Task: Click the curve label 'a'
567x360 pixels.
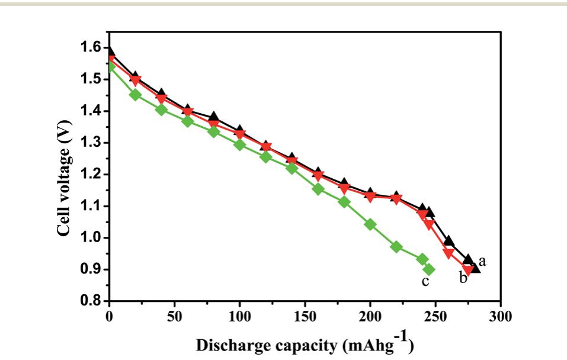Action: [482, 261]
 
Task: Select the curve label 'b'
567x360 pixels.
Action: [463, 277]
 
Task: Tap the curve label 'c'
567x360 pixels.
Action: [425, 281]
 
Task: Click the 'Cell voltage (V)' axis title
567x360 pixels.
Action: [65, 174]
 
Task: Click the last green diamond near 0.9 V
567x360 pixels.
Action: [428, 269]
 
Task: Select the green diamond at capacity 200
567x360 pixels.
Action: [370, 224]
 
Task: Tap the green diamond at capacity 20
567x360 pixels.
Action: [135, 95]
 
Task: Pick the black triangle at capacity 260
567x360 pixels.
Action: [449, 240]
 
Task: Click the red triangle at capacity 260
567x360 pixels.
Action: [449, 253]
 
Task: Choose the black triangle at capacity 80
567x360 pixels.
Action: [213, 116]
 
